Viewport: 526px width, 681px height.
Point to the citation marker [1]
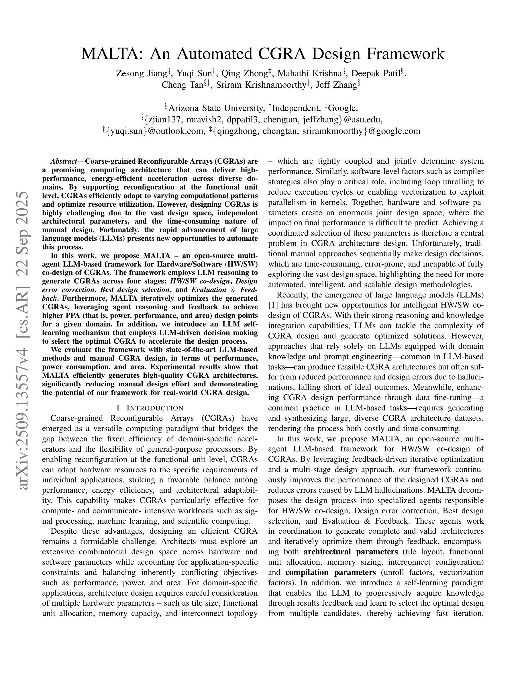point(273,305)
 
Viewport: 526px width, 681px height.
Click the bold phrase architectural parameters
point(351,552)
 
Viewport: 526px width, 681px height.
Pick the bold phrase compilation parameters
point(330,572)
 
